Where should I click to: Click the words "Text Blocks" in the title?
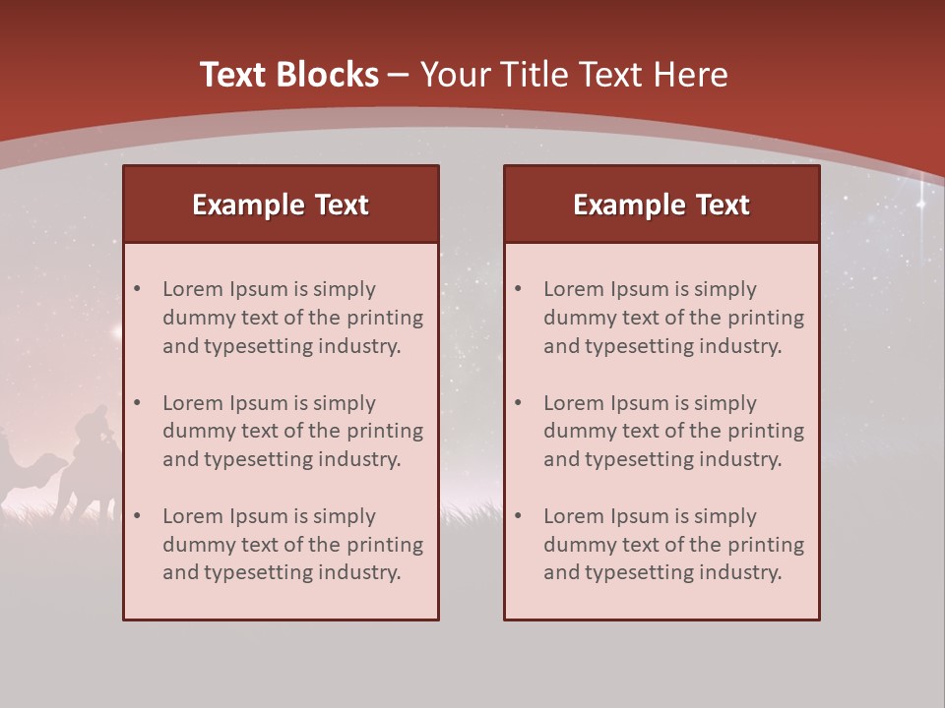coord(289,75)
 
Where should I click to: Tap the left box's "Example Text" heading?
coord(281,205)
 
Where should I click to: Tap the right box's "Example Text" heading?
coord(661,205)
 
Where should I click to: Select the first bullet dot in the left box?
coord(137,289)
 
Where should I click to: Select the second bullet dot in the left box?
coord(137,403)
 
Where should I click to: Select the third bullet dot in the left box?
coord(137,516)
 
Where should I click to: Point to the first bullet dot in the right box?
coord(518,289)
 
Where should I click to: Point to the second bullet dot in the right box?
coord(518,403)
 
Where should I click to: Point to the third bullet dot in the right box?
coord(518,516)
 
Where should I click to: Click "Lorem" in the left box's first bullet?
coord(193,289)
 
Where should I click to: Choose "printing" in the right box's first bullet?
coord(765,318)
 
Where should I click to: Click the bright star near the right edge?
coord(922,205)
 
